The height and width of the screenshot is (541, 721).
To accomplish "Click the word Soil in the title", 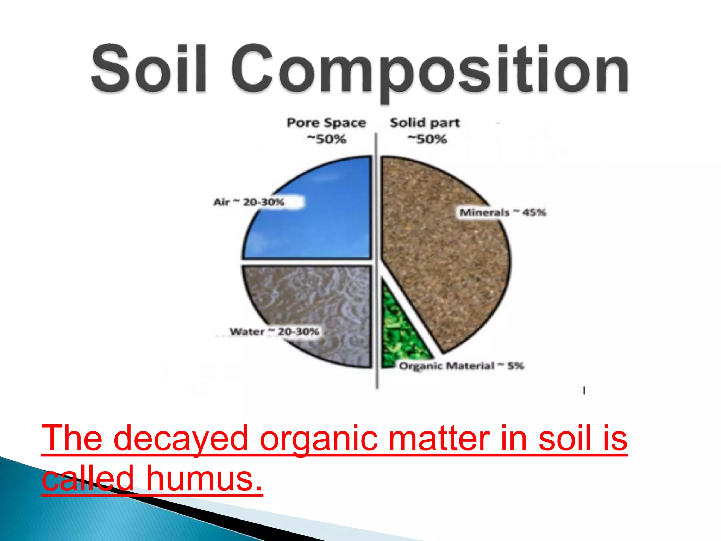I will pyautogui.click(x=148, y=69).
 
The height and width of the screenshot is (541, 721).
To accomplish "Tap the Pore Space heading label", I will pyautogui.click(x=326, y=123).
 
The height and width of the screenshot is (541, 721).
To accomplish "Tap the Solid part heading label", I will pyautogui.click(x=425, y=123).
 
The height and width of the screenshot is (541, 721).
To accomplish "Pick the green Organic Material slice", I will pyautogui.click(x=398, y=335).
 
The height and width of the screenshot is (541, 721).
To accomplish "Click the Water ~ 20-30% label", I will pyautogui.click(x=274, y=331).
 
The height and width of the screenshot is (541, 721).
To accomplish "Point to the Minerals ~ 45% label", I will pyautogui.click(x=503, y=212).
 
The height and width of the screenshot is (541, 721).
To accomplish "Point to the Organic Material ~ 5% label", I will pyautogui.click(x=461, y=366).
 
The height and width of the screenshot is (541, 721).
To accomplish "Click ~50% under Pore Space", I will pyautogui.click(x=326, y=139).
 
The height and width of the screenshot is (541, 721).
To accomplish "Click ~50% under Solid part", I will pyautogui.click(x=427, y=139).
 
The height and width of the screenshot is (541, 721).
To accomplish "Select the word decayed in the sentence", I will pyautogui.click(x=181, y=439).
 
